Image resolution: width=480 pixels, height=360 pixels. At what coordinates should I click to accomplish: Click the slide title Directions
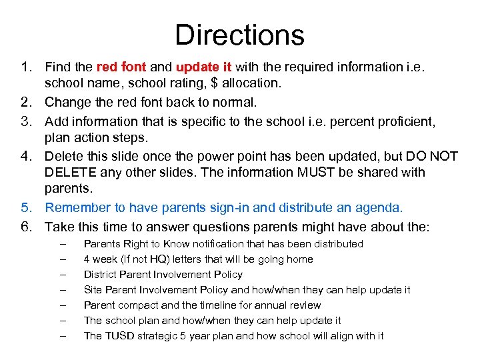pyautogui.click(x=239, y=35)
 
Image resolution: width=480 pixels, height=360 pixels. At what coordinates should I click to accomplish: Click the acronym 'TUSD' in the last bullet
pyautogui.click(x=118, y=335)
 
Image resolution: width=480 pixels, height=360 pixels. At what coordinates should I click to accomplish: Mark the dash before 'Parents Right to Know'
pyautogui.click(x=63, y=244)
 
